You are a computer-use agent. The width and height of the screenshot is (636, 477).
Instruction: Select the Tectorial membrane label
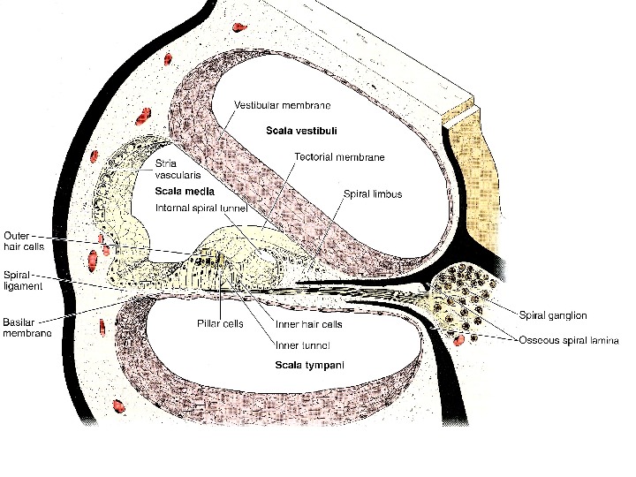point(339,157)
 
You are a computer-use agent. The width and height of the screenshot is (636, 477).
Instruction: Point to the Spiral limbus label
point(373,194)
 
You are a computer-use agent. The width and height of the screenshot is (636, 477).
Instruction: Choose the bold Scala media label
point(179,191)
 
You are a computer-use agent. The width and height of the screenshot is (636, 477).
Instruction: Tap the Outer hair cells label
point(18,241)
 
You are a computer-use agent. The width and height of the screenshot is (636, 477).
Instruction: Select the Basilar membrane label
point(26,327)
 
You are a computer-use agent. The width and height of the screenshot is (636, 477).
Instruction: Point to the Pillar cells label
point(220,323)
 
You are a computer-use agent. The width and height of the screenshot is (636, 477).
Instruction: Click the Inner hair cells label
point(309,323)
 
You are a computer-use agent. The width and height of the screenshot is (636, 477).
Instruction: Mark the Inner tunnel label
point(303,344)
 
